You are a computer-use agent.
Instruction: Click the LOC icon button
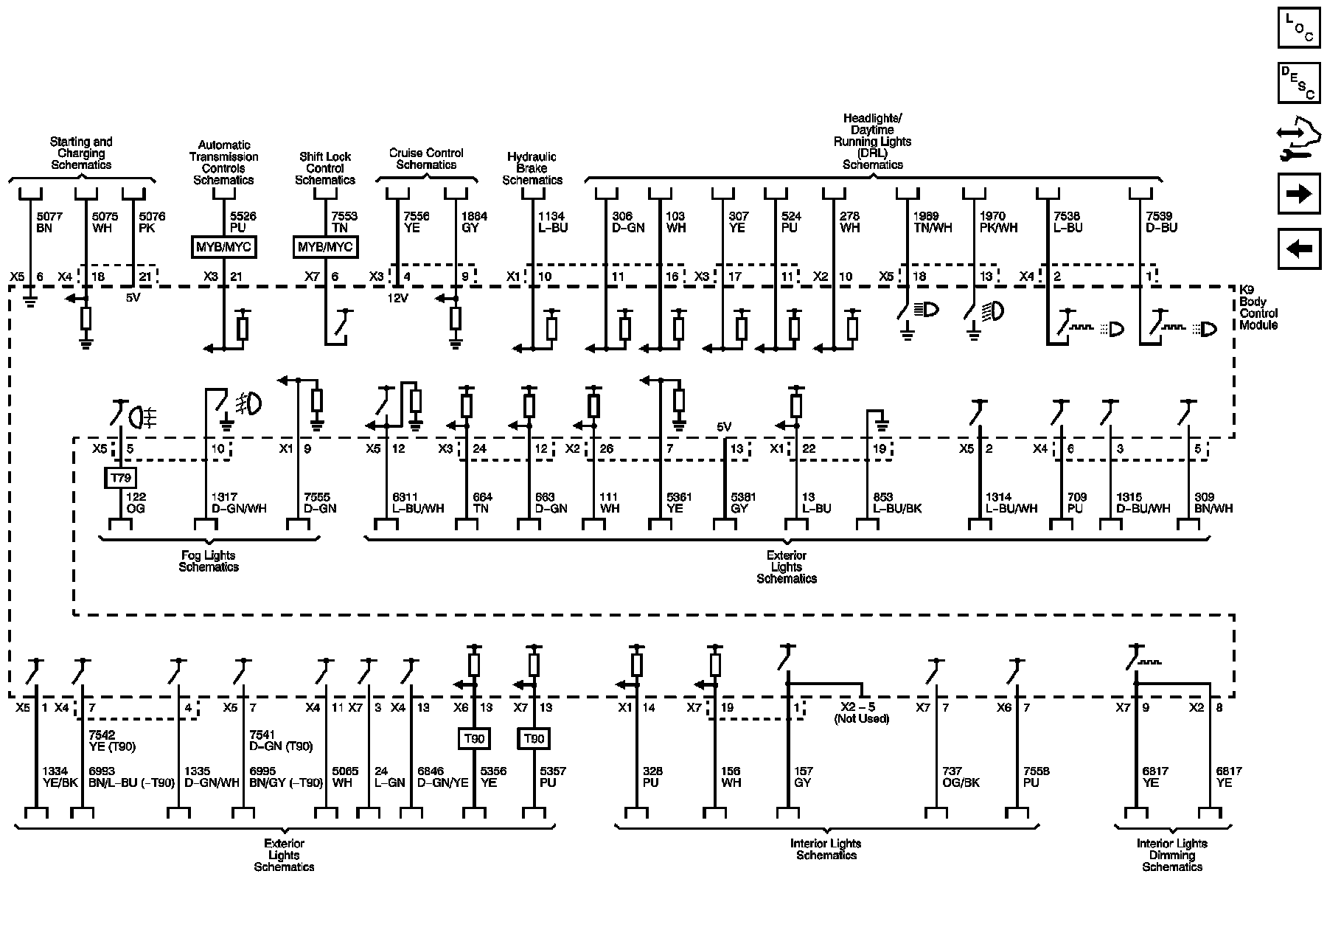(x=1298, y=28)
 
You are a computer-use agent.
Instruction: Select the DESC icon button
(x=1298, y=83)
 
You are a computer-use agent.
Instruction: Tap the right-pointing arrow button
(x=1298, y=193)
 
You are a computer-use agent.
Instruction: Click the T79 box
(x=120, y=478)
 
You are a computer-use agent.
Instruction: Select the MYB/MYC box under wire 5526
(x=223, y=246)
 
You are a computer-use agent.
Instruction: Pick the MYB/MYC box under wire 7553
(x=325, y=246)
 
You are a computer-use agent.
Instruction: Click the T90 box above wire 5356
(x=474, y=738)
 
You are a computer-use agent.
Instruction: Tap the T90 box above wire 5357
(x=534, y=738)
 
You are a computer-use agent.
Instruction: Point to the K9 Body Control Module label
(x=1258, y=308)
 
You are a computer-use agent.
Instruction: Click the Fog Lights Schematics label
(x=209, y=561)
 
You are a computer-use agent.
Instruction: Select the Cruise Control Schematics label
(x=426, y=159)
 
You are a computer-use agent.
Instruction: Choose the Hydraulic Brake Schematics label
(x=532, y=168)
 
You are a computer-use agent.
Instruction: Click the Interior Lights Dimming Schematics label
(x=1171, y=855)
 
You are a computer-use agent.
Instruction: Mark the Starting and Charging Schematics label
(x=81, y=153)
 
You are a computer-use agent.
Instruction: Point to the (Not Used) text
(x=861, y=718)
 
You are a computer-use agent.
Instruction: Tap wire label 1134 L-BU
(x=551, y=222)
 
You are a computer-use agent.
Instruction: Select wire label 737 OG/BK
(x=961, y=777)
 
